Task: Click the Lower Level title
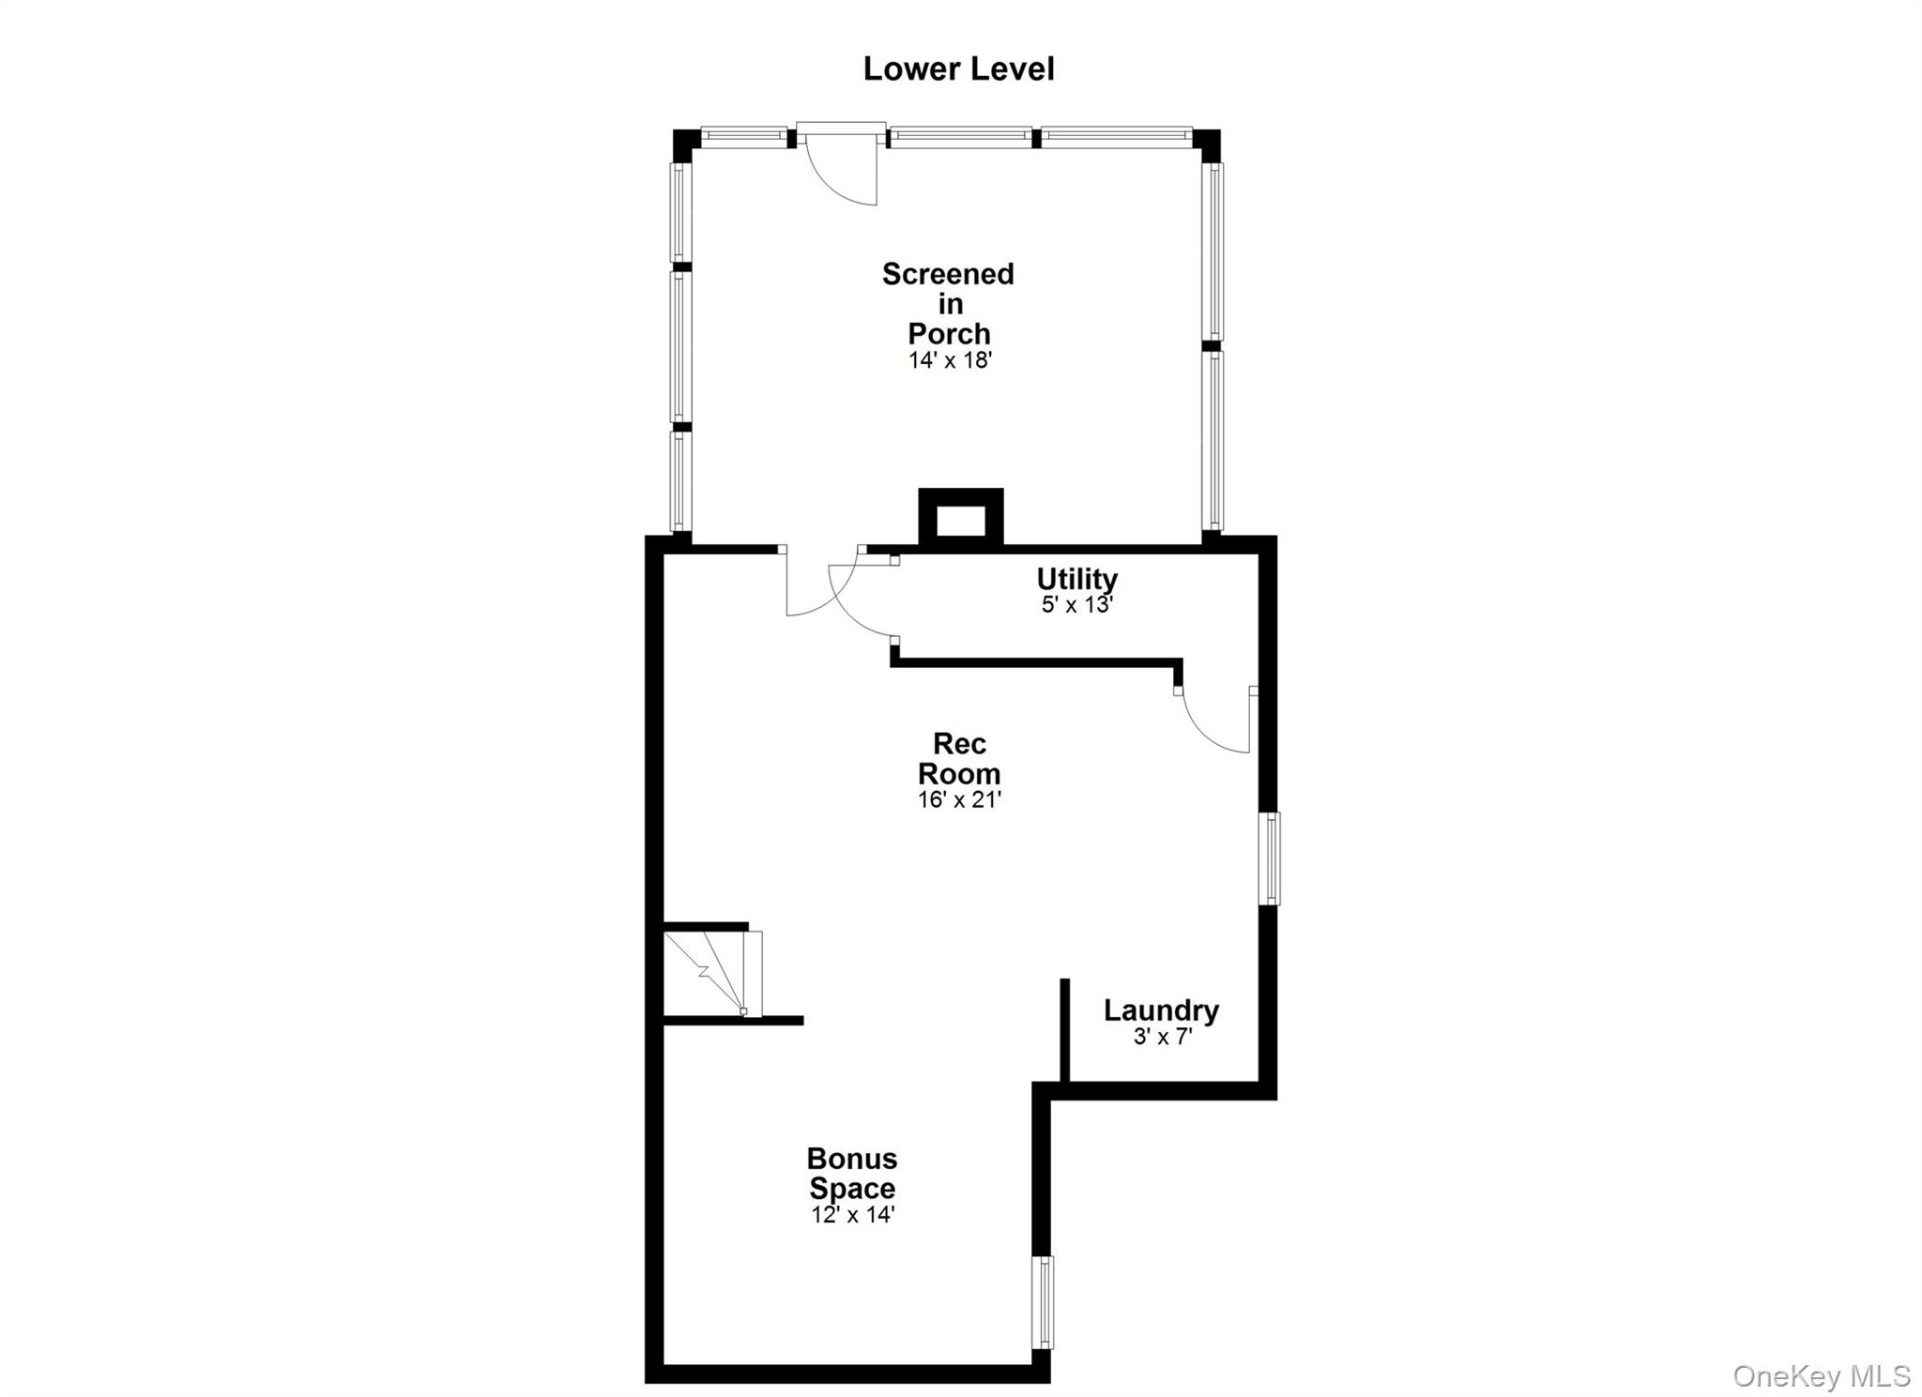click(958, 68)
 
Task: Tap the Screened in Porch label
click(949, 303)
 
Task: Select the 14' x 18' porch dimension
click(950, 360)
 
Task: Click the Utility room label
click(1076, 578)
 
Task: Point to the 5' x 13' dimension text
click(1076, 604)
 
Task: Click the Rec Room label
click(959, 758)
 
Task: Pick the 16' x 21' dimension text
click(959, 799)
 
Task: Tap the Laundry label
click(1161, 1010)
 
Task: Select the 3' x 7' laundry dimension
click(1162, 1037)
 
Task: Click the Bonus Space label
click(852, 1173)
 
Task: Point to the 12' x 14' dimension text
click(852, 1215)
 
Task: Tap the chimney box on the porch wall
click(960, 519)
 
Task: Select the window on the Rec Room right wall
click(1268, 858)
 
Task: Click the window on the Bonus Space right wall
click(1043, 1302)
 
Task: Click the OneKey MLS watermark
click(1821, 1375)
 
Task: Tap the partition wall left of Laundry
click(1065, 1030)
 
